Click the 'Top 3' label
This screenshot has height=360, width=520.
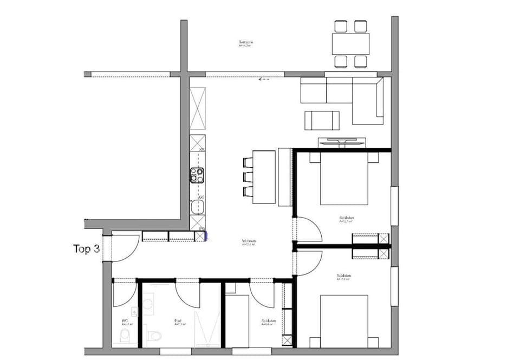click(x=87, y=249)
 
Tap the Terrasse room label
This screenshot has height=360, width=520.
click(x=246, y=42)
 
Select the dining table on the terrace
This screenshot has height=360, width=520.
click(x=350, y=44)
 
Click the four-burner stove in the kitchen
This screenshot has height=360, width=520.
click(x=197, y=175)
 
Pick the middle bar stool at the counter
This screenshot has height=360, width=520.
click(x=248, y=177)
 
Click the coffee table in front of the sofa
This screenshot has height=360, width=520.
click(x=322, y=120)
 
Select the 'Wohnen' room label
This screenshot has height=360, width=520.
click(x=249, y=241)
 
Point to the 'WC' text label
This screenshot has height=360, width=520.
click(x=125, y=320)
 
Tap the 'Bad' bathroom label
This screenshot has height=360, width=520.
click(x=178, y=320)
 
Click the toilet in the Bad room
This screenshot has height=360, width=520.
click(x=154, y=336)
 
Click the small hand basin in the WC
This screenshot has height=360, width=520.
click(x=134, y=311)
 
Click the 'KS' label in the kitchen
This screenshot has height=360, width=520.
click(x=201, y=149)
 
